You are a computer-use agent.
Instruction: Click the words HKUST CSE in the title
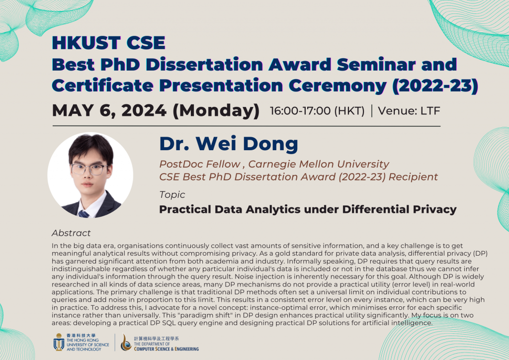pyautogui.click(x=109, y=43)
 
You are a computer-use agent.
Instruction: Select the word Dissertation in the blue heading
pyautogui.click(x=204, y=64)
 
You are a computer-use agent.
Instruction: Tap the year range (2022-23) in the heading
pyautogui.click(x=435, y=86)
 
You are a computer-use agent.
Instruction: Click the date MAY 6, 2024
pyautogui.click(x=109, y=110)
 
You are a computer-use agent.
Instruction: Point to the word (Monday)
pyautogui.click(x=216, y=111)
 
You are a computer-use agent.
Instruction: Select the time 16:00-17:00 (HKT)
pyautogui.click(x=317, y=111)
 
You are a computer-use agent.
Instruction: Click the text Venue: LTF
pyautogui.click(x=409, y=111)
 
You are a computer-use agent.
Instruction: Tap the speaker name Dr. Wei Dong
pyautogui.click(x=229, y=144)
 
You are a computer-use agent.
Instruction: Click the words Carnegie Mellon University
pyautogui.click(x=319, y=164)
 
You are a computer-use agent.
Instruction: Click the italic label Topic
pyautogui.click(x=172, y=195)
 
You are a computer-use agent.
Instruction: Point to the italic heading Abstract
pyautogui.click(x=71, y=233)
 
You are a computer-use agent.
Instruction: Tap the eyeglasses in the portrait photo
pyautogui.click(x=89, y=169)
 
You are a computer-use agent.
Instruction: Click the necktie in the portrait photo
pyautogui.click(x=84, y=214)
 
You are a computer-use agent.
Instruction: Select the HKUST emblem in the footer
pyautogui.click(x=59, y=342)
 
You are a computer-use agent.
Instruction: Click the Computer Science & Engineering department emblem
pyautogui.click(x=126, y=342)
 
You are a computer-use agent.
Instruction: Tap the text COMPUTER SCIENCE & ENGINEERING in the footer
pyautogui.click(x=166, y=349)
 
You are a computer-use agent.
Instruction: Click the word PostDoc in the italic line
pyautogui.click(x=179, y=164)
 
